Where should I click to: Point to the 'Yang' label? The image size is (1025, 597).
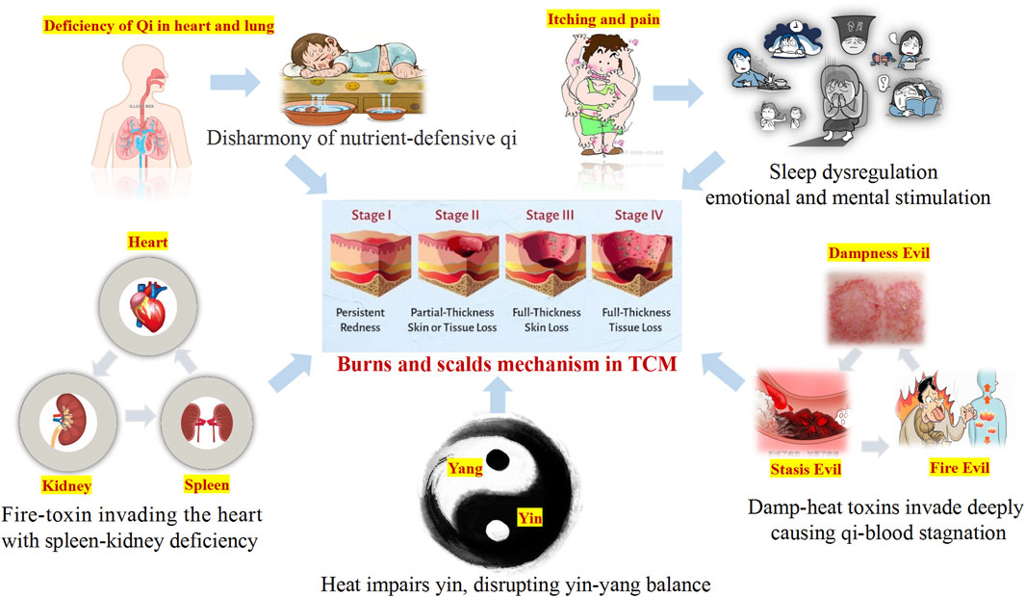[466, 468]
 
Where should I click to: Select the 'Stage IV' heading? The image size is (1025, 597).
[633, 215]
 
